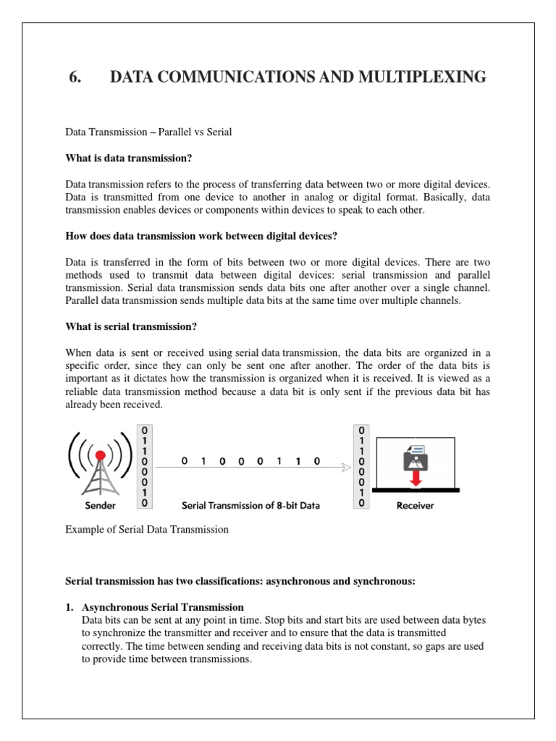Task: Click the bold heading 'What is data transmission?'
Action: pos(129,158)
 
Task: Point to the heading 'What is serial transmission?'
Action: pos(131,326)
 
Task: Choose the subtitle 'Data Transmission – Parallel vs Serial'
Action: pos(148,133)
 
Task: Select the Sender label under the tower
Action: pos(100,505)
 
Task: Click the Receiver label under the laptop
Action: pos(415,505)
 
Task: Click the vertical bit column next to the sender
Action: pos(146,466)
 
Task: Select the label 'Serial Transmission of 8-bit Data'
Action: pos(250,505)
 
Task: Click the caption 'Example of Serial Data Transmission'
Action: pos(147,529)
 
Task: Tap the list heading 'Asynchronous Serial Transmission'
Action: pos(162,606)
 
